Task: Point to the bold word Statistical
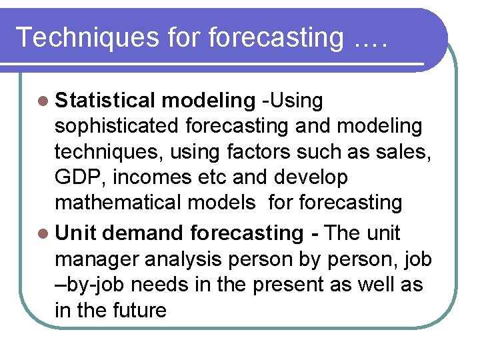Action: point(105,101)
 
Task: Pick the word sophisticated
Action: point(117,126)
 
